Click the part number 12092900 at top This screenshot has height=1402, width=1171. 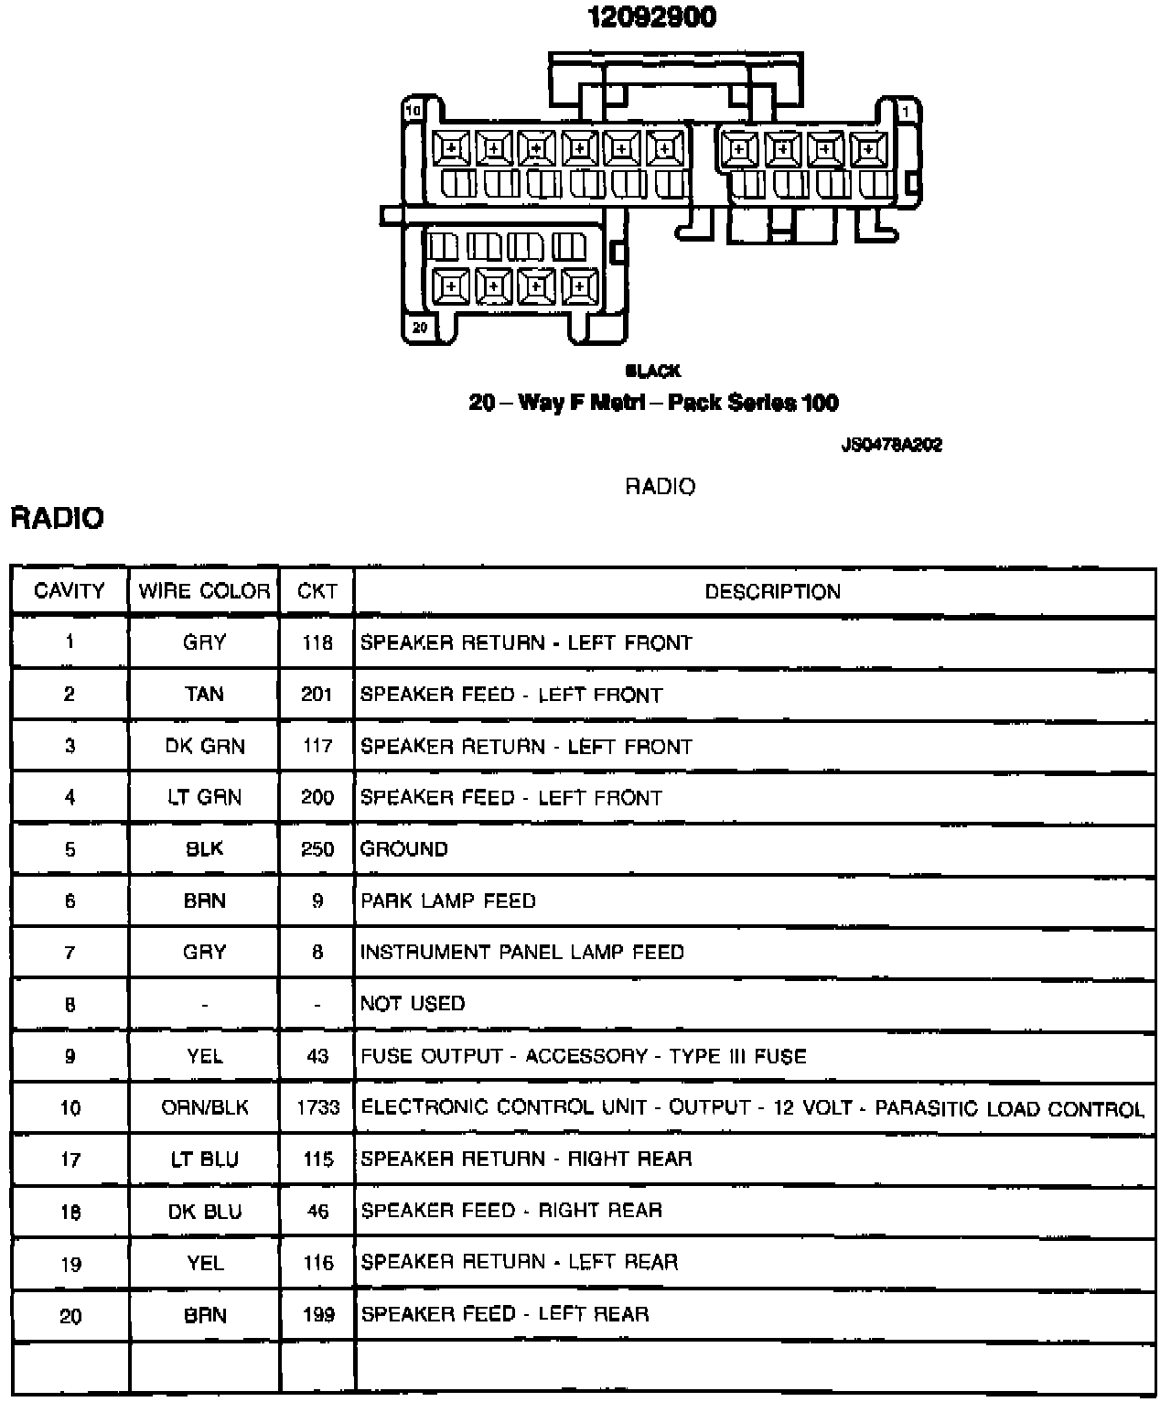(x=651, y=17)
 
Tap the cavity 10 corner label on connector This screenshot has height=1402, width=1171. (x=414, y=111)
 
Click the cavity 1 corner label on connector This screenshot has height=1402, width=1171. (x=906, y=111)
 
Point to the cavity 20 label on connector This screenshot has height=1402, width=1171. (x=420, y=327)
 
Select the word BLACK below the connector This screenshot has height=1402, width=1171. (x=652, y=371)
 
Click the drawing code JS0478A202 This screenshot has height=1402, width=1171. (x=891, y=446)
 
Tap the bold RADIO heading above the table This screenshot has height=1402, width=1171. (x=57, y=518)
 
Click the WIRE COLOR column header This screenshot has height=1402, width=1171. (x=204, y=591)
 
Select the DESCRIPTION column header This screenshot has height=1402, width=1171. (x=772, y=591)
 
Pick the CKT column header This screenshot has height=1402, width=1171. (x=317, y=591)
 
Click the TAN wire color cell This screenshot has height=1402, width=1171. (x=204, y=695)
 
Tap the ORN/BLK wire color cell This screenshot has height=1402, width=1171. (x=204, y=1107)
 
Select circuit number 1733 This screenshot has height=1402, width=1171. (x=317, y=1107)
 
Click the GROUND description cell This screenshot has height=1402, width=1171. (x=403, y=849)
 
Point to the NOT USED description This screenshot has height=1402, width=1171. (x=413, y=1004)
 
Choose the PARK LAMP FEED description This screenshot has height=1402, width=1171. (x=448, y=901)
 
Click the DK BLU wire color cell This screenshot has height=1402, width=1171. (x=204, y=1212)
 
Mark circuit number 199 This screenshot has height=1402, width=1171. (x=317, y=1315)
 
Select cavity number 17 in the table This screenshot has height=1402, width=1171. (x=70, y=1159)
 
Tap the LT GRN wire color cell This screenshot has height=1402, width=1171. (x=204, y=798)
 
